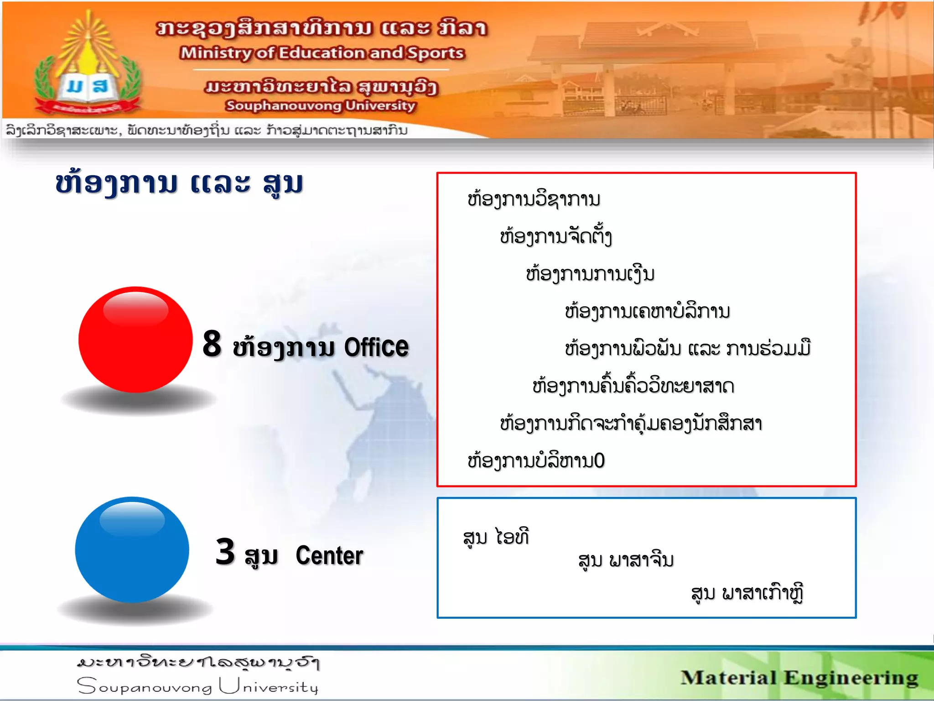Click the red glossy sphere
pos(135,340)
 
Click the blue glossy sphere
pos(132,550)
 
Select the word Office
pos(376,347)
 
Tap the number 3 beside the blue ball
pos(225,552)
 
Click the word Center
pos(329,555)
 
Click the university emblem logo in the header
pos(88,66)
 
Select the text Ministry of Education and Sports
pos(322,53)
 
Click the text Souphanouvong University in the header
pos(320,105)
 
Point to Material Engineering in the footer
pos(799,678)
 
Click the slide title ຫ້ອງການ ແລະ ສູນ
pos(179,183)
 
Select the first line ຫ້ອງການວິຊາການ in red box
pos(534,200)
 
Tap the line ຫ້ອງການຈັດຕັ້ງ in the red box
pos(555,237)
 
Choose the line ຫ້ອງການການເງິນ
pos(590,274)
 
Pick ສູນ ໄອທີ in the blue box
pos(496,537)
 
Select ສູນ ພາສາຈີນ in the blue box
pos(626,560)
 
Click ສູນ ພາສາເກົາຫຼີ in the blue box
pos(747,593)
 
